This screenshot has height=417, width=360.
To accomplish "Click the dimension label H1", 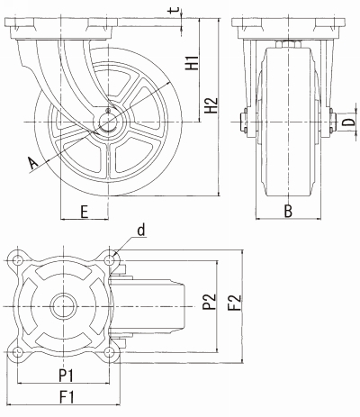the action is [x=192, y=62].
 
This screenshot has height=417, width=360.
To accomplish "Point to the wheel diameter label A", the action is [x=32, y=163].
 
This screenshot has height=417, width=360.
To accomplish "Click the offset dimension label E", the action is [x=85, y=212].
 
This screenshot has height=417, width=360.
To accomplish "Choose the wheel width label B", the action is [x=288, y=211].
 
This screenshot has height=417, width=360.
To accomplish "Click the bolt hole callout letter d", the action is [x=141, y=231].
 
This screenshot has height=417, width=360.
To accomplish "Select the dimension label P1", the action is [x=66, y=376].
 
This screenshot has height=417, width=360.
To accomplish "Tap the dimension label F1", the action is [x=67, y=397].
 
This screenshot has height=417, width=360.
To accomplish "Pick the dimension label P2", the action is [x=209, y=302].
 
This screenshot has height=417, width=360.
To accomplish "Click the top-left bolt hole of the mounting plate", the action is [x=18, y=260].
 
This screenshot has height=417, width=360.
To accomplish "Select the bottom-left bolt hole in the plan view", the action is [x=18, y=351].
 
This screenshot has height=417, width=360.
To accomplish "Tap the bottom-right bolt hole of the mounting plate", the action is [x=110, y=351].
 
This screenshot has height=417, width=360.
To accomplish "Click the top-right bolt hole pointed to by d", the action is [x=110, y=260].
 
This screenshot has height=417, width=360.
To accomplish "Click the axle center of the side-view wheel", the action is [x=107, y=122].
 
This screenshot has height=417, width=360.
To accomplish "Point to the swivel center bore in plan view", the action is [x=63, y=306].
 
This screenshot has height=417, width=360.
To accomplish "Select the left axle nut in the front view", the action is [x=244, y=122].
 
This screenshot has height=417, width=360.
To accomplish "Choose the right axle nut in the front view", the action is [x=331, y=122].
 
